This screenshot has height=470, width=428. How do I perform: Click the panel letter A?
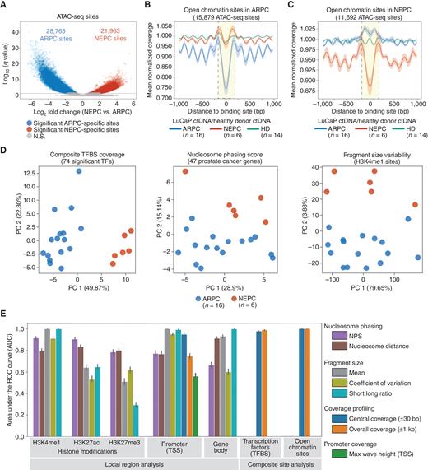(x=5, y=5)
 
